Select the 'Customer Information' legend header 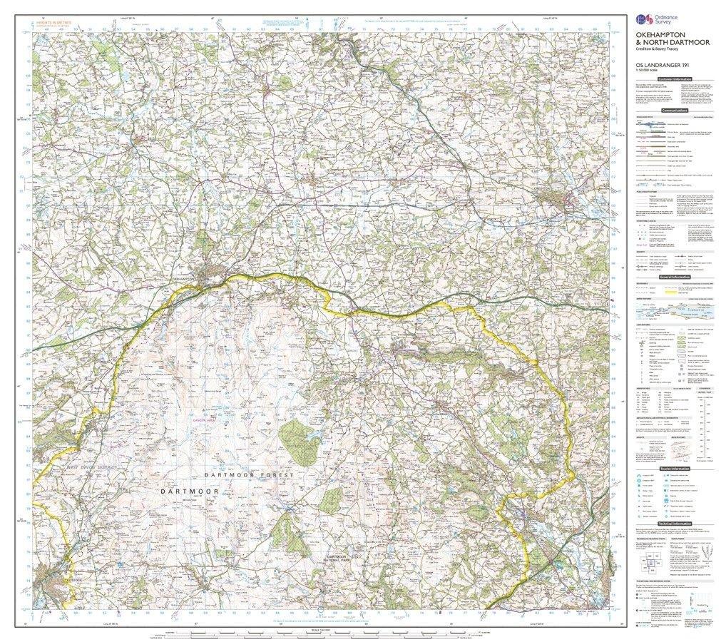[x=675, y=79]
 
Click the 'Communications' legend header [x=675, y=111]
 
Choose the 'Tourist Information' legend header [x=675, y=469]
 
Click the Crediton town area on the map [x=571, y=200]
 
